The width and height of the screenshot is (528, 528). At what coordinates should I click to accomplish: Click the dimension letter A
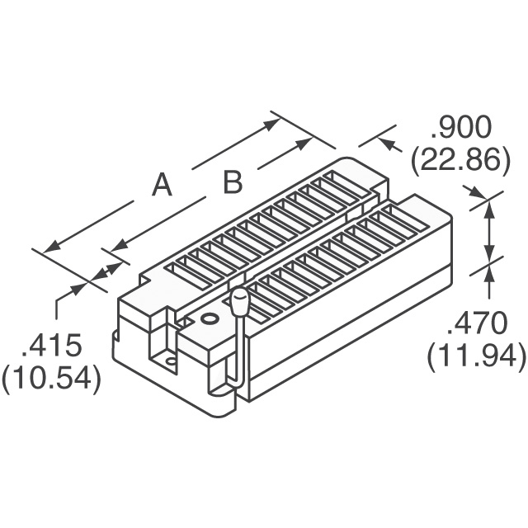[162, 185]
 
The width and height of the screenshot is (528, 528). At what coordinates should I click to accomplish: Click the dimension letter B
[233, 181]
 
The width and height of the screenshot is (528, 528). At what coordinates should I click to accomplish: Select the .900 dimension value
[460, 127]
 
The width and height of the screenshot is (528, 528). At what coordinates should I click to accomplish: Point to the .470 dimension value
[477, 323]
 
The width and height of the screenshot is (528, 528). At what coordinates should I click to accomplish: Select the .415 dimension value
[51, 346]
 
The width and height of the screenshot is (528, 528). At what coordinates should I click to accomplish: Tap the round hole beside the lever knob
[209, 318]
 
